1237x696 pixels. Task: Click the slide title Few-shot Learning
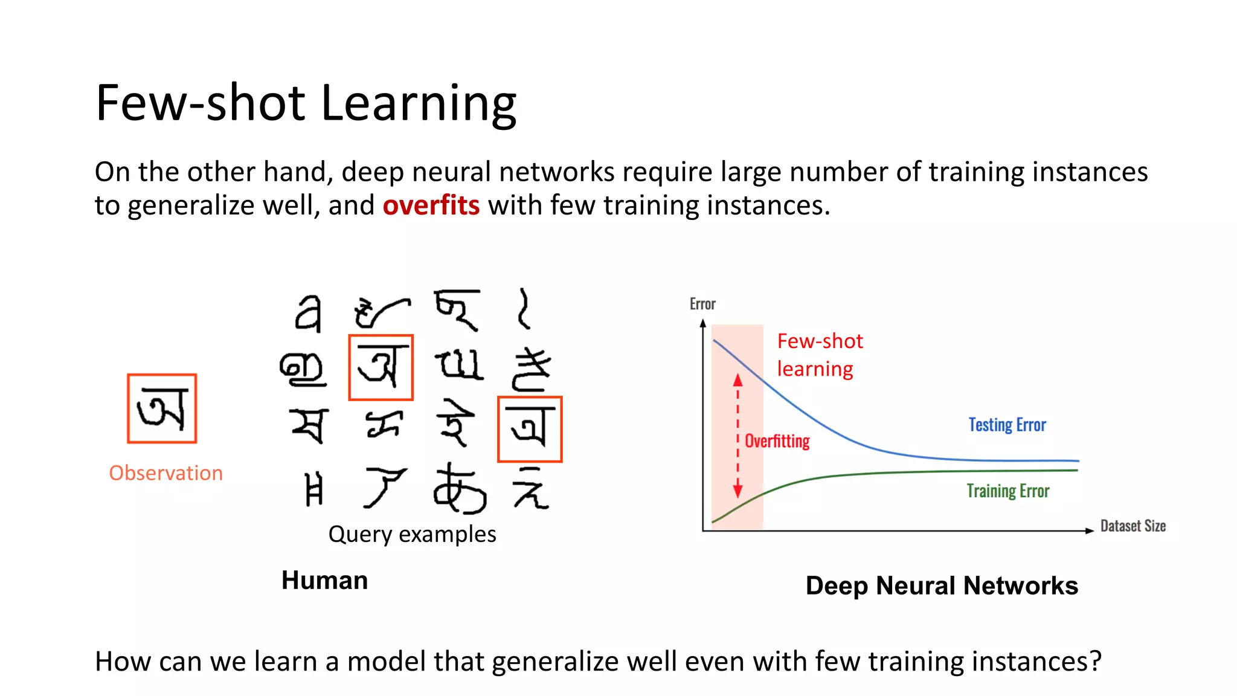point(306,103)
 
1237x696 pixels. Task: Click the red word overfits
point(431,205)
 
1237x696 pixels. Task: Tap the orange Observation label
point(165,472)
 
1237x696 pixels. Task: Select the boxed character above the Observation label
point(162,408)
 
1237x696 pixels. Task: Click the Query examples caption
point(412,534)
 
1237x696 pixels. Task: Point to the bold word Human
point(324,580)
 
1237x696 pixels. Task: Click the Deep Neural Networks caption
point(942,585)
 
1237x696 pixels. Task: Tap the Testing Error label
point(1007,425)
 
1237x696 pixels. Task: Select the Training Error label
point(1007,491)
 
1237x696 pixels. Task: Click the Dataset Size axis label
point(1133,526)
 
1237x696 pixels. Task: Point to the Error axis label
point(702,304)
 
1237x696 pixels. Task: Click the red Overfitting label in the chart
point(777,441)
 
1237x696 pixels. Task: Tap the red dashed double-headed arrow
point(737,435)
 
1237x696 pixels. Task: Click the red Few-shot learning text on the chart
point(820,355)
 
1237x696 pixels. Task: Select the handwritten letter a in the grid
point(309,314)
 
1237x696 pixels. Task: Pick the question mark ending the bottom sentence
point(1094,661)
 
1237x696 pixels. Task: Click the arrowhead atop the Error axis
point(703,324)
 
